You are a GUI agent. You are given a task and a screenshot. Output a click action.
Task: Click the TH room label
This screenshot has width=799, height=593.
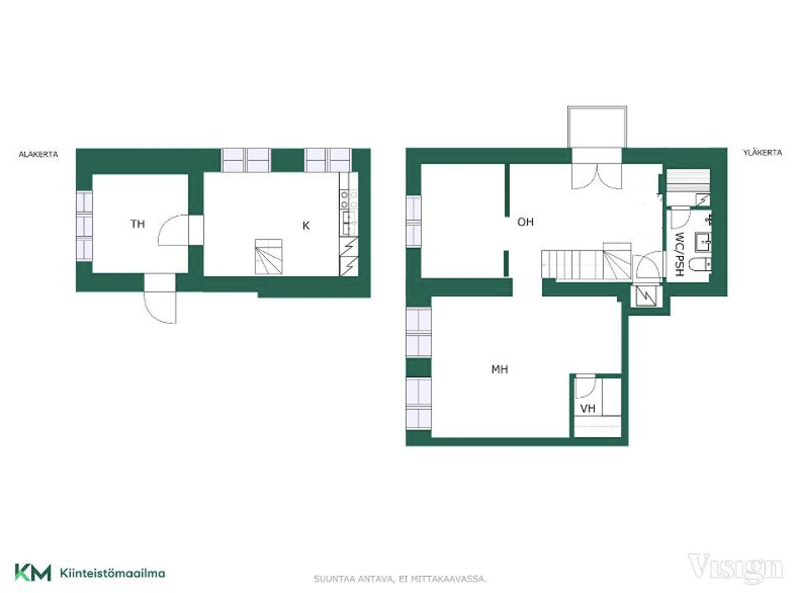[137, 224]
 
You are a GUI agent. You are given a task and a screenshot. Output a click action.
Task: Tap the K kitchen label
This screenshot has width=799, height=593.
[306, 226]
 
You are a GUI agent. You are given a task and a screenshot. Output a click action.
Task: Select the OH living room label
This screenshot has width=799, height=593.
[525, 222]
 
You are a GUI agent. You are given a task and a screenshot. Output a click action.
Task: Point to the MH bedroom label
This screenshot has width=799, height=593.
[500, 369]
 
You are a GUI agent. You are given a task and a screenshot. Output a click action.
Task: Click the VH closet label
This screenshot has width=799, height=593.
[588, 408]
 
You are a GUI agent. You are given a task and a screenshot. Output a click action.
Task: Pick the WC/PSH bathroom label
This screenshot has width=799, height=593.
[679, 254]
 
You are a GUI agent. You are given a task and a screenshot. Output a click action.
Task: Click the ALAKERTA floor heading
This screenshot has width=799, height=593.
[38, 154]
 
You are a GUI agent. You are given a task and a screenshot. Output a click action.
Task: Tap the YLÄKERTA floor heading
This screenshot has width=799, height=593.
[762, 152]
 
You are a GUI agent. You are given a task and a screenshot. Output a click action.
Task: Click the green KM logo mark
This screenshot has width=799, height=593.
[33, 573]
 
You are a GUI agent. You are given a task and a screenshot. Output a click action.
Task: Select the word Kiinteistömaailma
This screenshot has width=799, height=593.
[113, 573]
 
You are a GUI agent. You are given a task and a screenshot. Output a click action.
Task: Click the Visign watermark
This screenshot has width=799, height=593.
[735, 568]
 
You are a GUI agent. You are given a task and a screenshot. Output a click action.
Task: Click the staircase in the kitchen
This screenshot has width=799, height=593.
[269, 257]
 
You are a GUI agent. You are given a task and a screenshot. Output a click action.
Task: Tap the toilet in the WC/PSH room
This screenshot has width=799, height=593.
[699, 264]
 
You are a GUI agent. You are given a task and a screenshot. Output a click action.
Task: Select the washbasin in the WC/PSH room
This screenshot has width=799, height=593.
[702, 241]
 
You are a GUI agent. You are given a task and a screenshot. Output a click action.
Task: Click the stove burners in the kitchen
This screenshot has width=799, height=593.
[349, 200]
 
